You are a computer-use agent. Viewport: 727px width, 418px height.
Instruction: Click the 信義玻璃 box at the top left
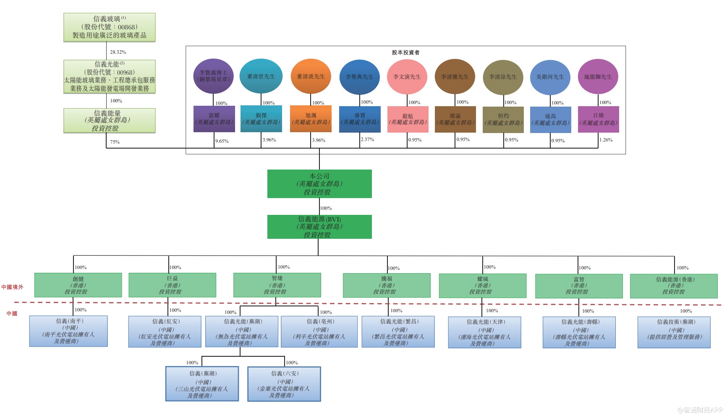coord(110,27)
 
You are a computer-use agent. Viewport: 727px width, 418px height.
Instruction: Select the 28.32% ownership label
coord(118,52)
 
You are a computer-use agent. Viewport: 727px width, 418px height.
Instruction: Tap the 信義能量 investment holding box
coord(110,121)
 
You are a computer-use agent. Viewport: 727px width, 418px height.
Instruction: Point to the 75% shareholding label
coord(115,142)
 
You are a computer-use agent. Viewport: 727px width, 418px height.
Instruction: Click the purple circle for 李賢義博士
coord(213,76)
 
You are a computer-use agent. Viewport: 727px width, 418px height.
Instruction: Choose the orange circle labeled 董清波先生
coord(311,76)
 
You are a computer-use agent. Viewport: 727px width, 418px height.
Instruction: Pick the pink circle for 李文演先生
coord(407,77)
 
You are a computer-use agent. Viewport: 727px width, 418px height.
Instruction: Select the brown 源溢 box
coord(455,119)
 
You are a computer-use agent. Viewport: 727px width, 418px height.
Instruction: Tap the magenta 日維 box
coord(598,119)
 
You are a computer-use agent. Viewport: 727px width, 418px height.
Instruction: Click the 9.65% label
coord(222,141)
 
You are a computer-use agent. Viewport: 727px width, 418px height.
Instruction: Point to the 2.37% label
coord(367,139)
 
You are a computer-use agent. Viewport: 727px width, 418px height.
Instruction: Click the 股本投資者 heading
coord(405,52)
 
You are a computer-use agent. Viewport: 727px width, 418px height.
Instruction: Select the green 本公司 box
coord(319,184)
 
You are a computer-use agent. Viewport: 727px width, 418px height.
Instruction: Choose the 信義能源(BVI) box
coord(319,227)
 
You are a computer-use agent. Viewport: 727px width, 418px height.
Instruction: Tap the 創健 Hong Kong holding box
coord(78,285)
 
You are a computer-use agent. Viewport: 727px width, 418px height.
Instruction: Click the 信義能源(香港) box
coord(674,286)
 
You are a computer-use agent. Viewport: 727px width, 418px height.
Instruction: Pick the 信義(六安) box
coord(284,384)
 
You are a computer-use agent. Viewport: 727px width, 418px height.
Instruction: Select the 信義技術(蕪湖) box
coord(674,332)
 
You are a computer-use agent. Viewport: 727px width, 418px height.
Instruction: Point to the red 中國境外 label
coord(12,287)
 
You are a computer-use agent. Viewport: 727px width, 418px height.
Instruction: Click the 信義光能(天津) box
coord(484,332)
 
